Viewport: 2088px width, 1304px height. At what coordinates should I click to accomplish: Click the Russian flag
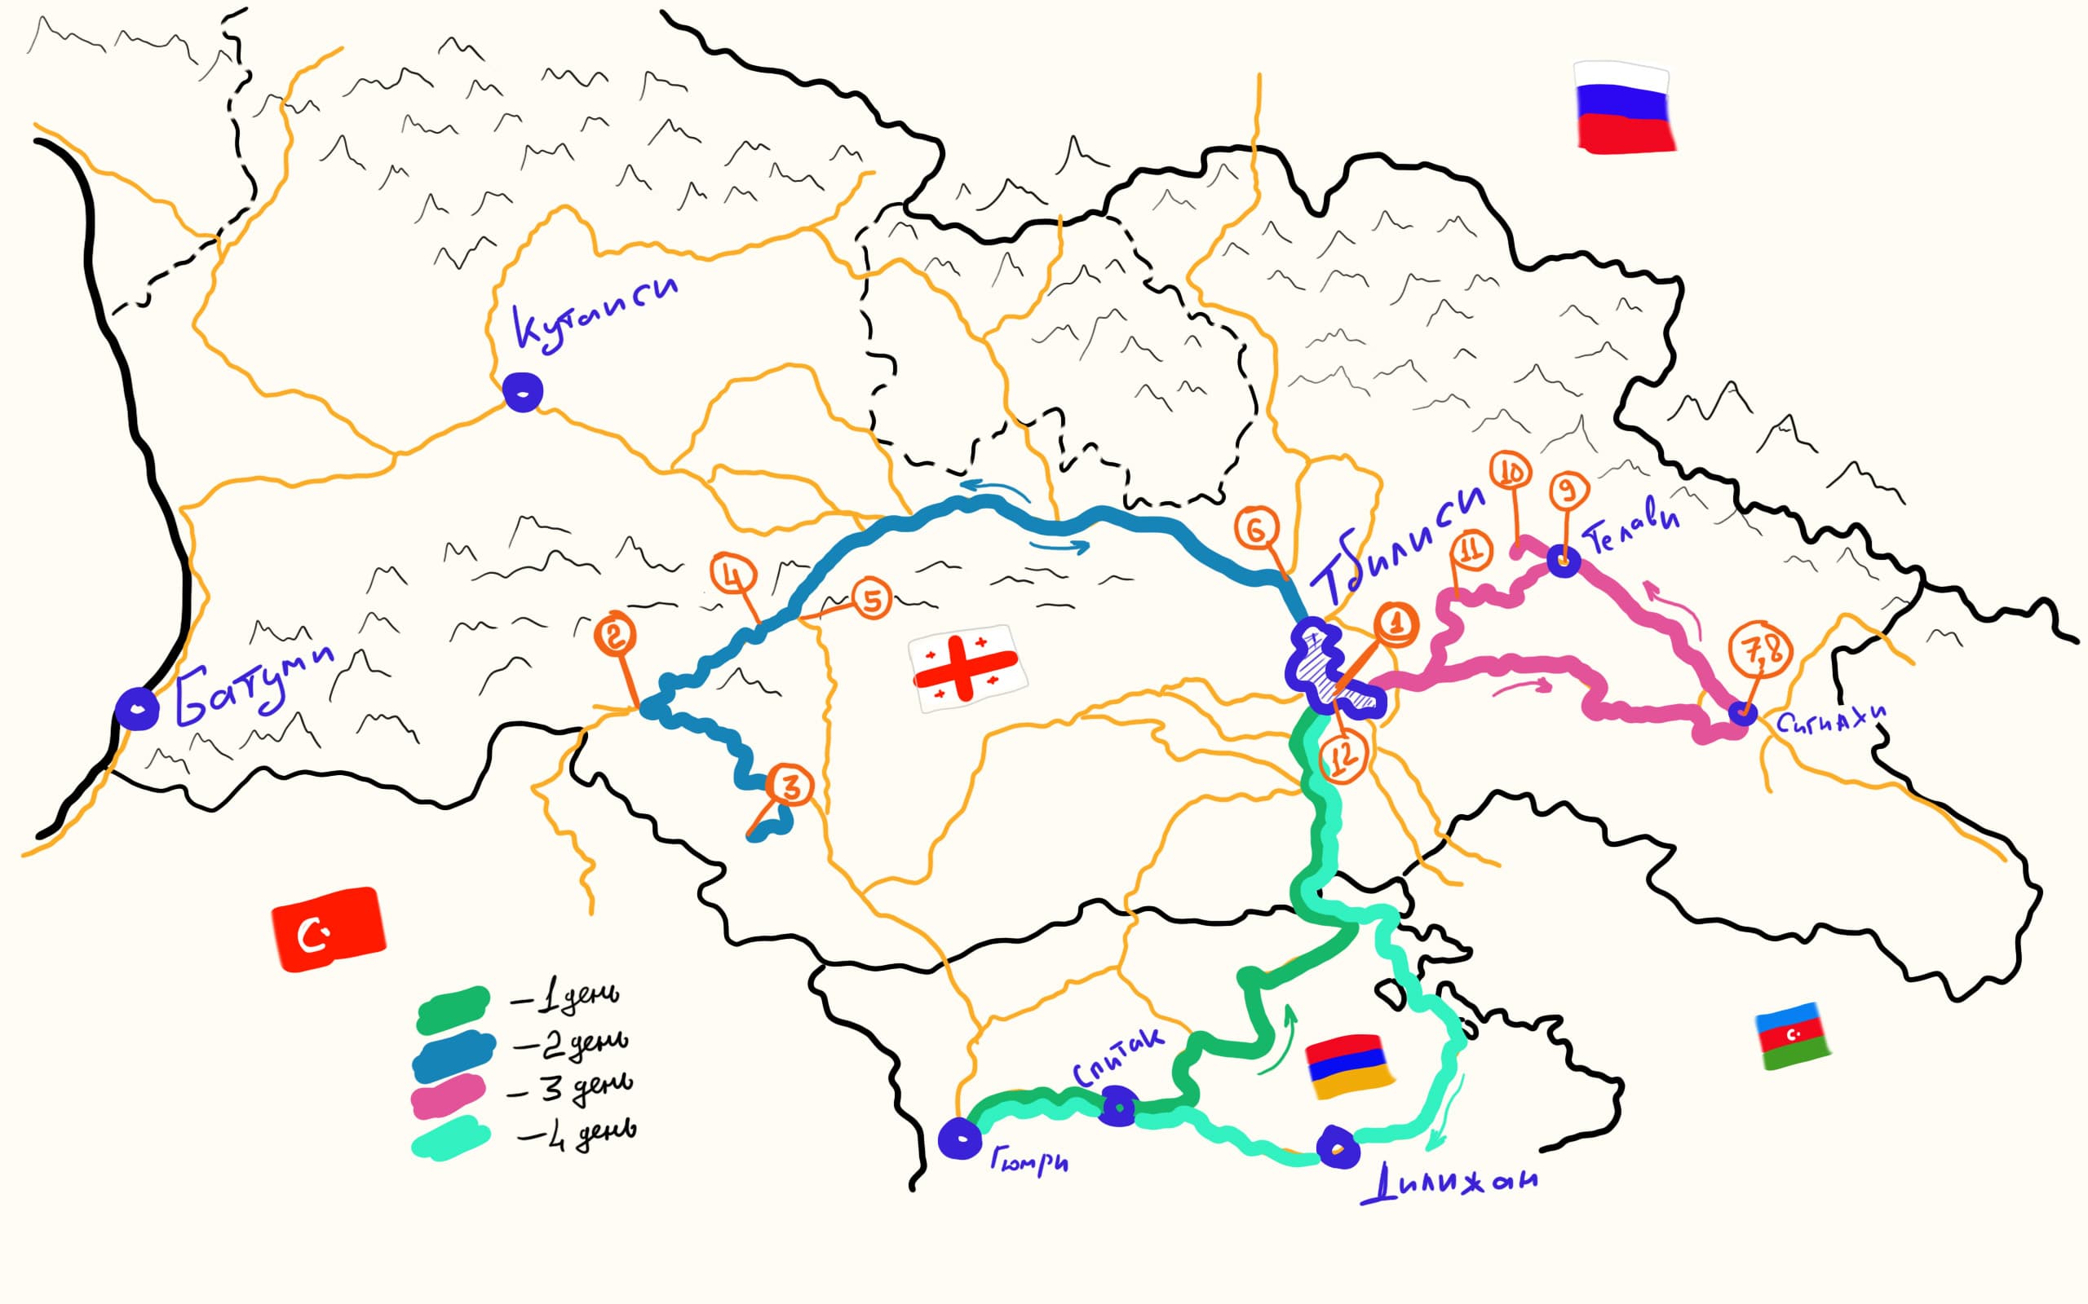point(1625,107)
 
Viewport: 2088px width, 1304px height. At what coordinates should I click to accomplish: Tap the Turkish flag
point(328,929)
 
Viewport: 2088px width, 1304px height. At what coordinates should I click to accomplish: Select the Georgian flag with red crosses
point(967,667)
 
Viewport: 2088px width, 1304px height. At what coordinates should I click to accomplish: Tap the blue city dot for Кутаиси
point(523,392)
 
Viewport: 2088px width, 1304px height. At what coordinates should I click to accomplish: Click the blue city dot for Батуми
point(137,709)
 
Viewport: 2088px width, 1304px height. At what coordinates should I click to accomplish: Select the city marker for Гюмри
point(959,1139)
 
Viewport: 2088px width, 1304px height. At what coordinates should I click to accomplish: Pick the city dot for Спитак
point(1118,1107)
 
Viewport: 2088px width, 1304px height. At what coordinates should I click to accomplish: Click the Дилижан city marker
point(1338,1148)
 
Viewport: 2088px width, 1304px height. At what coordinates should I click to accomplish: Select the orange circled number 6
point(1256,529)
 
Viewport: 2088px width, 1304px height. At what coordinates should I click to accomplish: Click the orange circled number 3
point(790,786)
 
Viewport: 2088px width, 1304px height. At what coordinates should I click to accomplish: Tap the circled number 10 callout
point(1511,472)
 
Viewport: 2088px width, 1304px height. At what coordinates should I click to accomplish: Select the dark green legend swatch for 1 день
point(452,1010)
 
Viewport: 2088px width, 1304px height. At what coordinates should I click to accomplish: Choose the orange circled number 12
point(1343,756)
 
